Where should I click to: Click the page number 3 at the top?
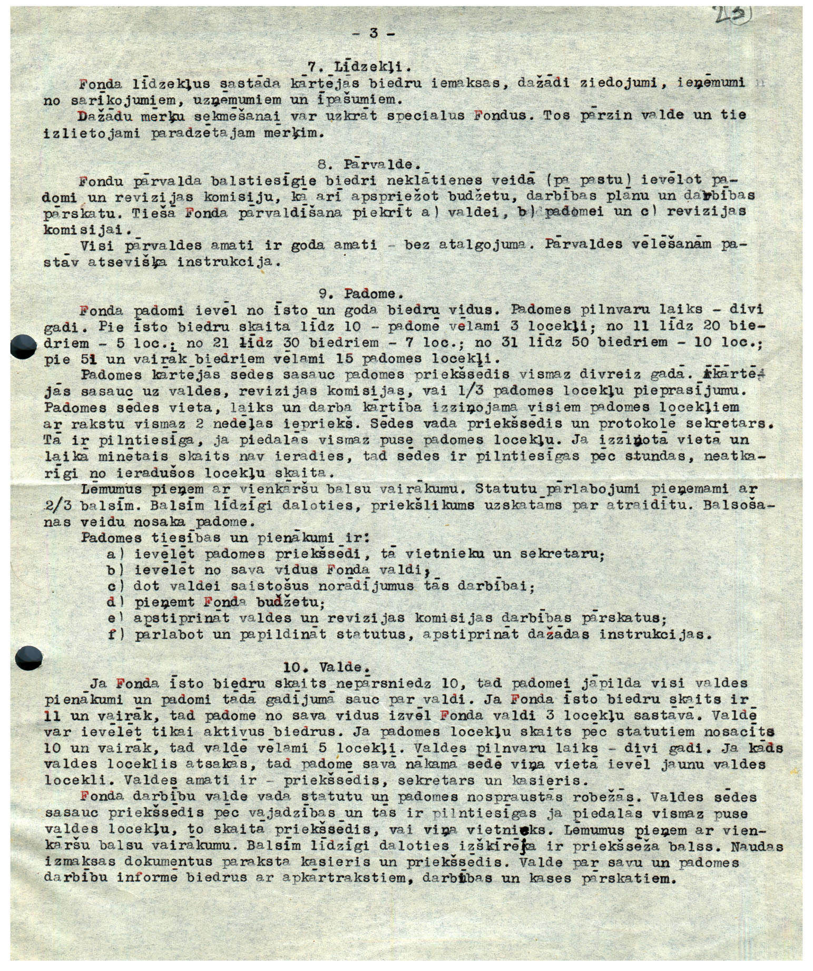(374, 33)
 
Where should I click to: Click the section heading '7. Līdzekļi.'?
(359, 67)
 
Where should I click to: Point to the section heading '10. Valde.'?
(324, 668)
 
